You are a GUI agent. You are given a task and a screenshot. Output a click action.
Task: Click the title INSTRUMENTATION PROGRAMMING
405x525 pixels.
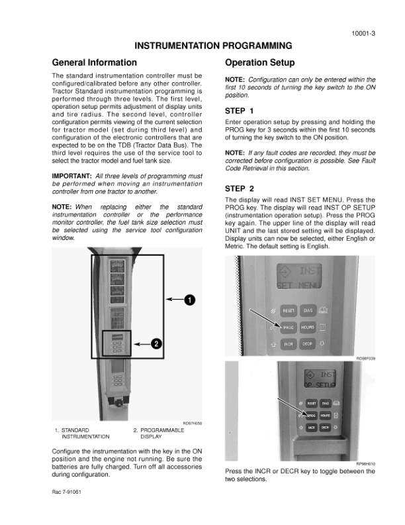pyautogui.click(x=214, y=46)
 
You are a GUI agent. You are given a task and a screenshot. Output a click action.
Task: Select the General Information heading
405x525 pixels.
pyautogui.click(x=95, y=63)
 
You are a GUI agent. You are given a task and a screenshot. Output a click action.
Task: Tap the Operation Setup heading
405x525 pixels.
pyautogui.click(x=260, y=63)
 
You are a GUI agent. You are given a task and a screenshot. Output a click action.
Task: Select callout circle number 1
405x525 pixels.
pyautogui.click(x=190, y=300)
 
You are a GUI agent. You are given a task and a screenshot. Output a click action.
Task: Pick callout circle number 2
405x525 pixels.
pyautogui.click(x=156, y=343)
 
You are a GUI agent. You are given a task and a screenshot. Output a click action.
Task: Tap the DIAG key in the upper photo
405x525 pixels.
pyautogui.click(x=308, y=310)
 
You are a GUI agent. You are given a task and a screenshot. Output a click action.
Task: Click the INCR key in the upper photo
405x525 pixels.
pyautogui.click(x=289, y=345)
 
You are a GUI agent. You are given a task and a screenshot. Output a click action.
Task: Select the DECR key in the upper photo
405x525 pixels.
pyautogui.click(x=308, y=345)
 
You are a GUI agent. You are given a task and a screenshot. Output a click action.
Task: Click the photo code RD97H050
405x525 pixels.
pyautogui.click(x=191, y=423)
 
